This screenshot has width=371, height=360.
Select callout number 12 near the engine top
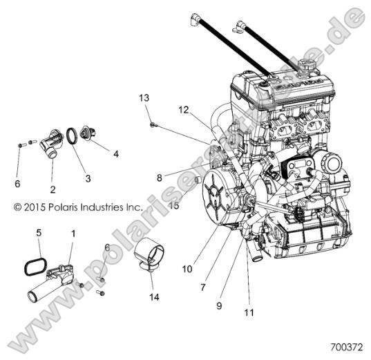coord(182,109)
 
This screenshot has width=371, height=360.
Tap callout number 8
coord(159,178)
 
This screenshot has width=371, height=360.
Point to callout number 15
coord(174,205)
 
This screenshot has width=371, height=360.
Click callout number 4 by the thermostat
coord(115,153)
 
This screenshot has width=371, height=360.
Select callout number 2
coord(53,188)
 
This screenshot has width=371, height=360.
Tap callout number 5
coord(39,232)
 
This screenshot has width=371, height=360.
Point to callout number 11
coord(249,312)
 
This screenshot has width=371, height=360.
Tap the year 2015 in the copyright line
coord(27,206)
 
